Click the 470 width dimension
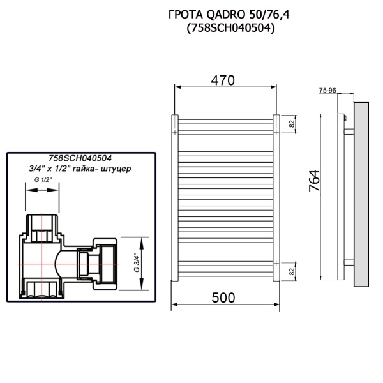click(223, 80)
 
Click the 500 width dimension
click(223, 297)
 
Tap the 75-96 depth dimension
click(327, 91)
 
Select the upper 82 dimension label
click(291, 124)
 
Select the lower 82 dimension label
click(291, 272)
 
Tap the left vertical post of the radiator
click(173, 198)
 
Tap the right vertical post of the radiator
click(275, 198)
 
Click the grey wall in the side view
click(361, 191)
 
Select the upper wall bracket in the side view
click(348, 132)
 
